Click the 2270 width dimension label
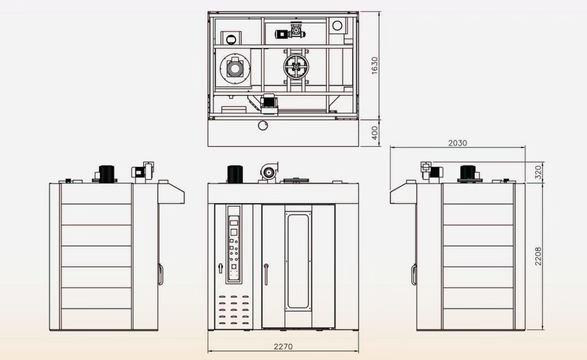(283, 346)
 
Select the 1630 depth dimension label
(375, 65)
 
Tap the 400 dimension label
(375, 133)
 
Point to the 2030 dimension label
(457, 143)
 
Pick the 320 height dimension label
(538, 172)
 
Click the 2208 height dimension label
(538, 256)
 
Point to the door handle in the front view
(266, 274)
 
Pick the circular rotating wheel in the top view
(296, 68)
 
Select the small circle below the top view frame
(263, 125)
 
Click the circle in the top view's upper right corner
(337, 26)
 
